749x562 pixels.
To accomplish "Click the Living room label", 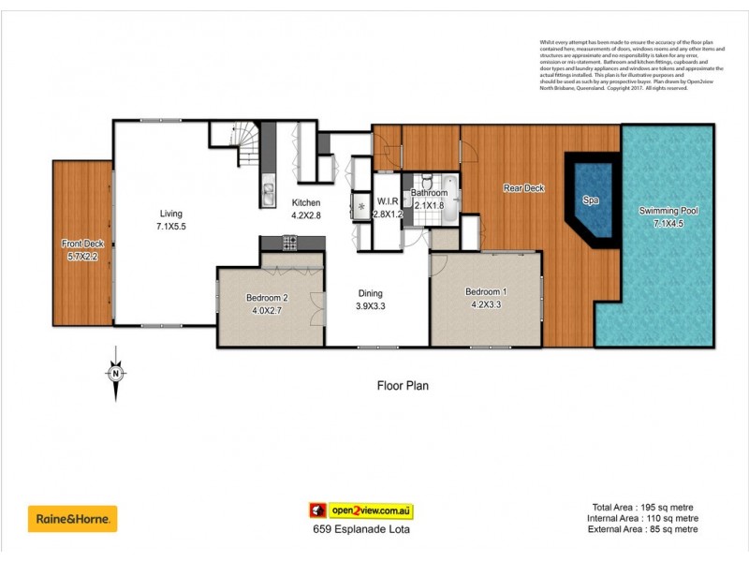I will [170, 213].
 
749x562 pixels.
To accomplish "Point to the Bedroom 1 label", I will [485, 291].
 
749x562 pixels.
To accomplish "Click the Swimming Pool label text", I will [668, 211].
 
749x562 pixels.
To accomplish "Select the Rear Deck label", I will [524, 188].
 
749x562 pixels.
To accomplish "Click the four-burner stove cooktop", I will [290, 243].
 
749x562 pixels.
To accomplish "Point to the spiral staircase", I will [247, 145].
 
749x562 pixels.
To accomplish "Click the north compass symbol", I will [115, 373].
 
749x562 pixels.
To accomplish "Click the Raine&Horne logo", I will [75, 518].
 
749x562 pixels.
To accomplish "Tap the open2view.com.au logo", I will [362, 510].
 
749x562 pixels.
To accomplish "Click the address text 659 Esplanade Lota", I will [361, 529].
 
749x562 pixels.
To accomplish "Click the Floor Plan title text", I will [403, 385].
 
